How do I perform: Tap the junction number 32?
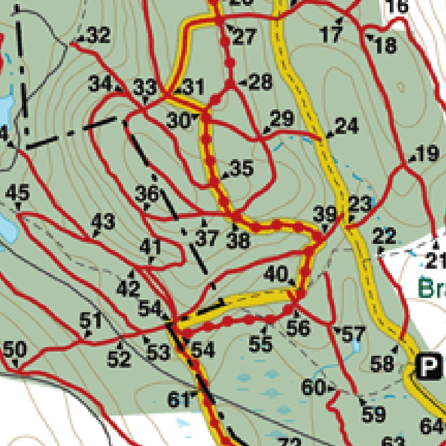click(x=99, y=36)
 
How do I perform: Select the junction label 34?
click(x=100, y=83)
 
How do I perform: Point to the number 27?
click(x=244, y=37)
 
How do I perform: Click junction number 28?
click(x=261, y=82)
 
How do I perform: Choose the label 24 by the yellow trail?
click(x=347, y=126)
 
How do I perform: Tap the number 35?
click(x=242, y=168)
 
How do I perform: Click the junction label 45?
click(x=18, y=192)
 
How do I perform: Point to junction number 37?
click(x=206, y=238)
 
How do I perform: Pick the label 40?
click(x=276, y=274)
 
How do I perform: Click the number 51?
click(x=91, y=321)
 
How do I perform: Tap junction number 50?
click(x=15, y=349)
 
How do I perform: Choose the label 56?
click(x=298, y=328)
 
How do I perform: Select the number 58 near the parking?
click(x=382, y=363)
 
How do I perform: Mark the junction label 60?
click(x=313, y=387)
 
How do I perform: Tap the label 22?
click(x=384, y=237)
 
